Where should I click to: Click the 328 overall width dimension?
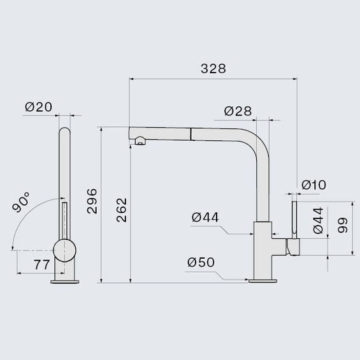[213, 69]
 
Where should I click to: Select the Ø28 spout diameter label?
[238, 112]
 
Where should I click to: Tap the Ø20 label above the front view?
[38, 107]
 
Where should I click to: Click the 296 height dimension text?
[91, 201]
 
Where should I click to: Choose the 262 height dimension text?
[121, 210]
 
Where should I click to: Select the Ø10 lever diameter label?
[313, 185]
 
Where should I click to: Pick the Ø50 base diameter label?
[201, 262]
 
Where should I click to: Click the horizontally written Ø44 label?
[205, 218]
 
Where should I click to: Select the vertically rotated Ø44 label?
[317, 220]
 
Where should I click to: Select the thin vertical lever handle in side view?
[295, 218]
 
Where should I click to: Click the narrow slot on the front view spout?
[63, 220]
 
